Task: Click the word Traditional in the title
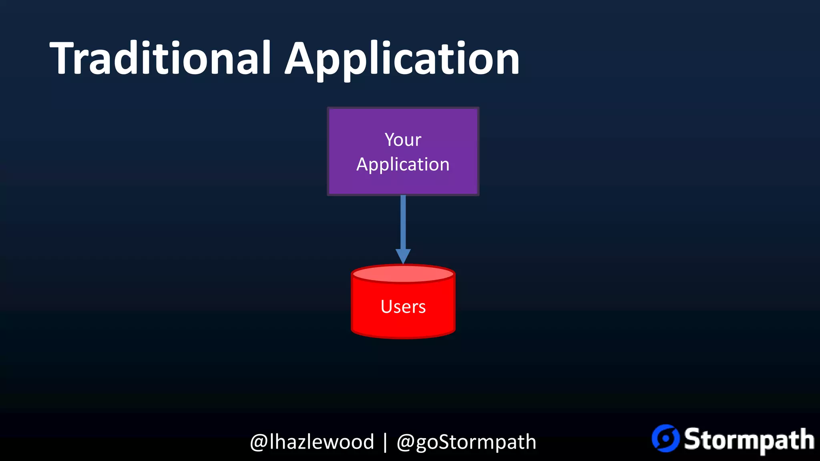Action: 160,59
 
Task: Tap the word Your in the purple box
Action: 403,140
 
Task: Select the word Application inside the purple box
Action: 403,164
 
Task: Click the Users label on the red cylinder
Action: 403,307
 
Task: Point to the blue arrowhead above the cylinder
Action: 403,255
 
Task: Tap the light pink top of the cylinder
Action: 403,274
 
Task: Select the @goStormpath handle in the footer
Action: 466,442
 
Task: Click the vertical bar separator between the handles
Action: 385,442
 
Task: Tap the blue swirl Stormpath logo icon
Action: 665,438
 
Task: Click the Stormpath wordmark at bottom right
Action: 749,439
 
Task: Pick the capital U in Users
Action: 387,307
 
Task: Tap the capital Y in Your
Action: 390,140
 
